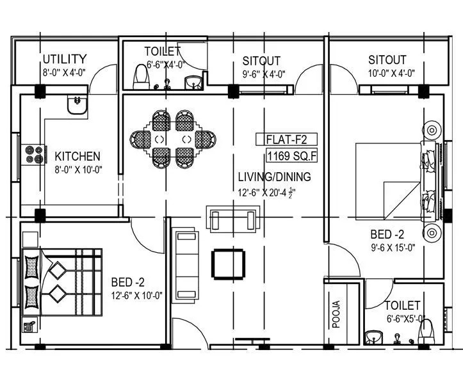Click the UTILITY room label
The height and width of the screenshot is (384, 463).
[x=64, y=60]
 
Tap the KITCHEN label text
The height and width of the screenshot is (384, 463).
[x=77, y=156]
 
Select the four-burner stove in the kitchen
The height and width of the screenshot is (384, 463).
[x=35, y=154]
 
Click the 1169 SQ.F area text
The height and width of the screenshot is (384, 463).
[x=291, y=154]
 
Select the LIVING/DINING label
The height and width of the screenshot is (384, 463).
[x=274, y=177]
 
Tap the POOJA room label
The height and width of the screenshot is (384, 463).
[x=336, y=314]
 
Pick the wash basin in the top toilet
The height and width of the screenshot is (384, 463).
[x=192, y=82]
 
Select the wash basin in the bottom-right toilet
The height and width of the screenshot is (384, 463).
[x=371, y=336]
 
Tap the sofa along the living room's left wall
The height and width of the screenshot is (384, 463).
[x=186, y=262]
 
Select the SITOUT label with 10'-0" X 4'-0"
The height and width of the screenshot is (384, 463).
[x=387, y=60]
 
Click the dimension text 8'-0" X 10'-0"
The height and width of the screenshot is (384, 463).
[x=78, y=169]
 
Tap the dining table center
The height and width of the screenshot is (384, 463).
[x=173, y=139]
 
